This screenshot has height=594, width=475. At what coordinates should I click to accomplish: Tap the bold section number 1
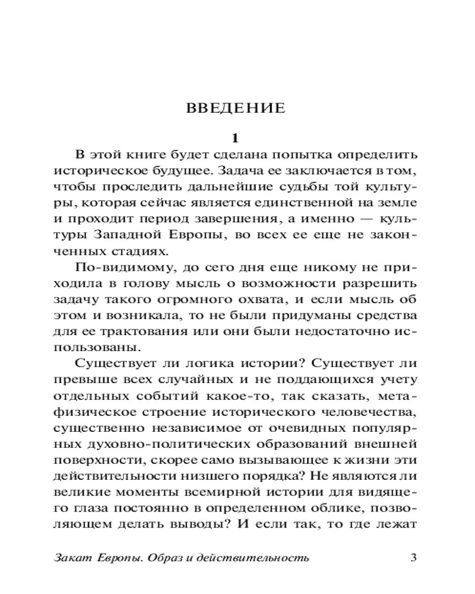[236, 138]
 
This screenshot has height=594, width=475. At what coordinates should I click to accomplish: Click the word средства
[388, 315]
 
